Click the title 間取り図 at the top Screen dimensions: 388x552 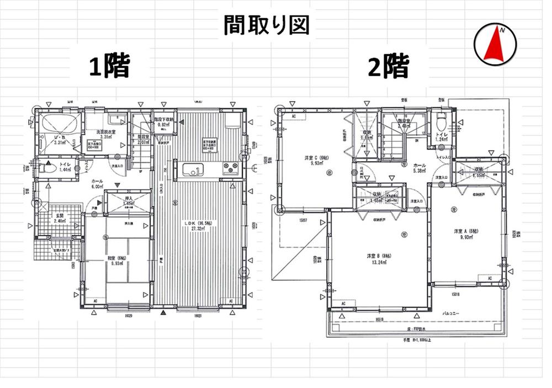click(x=266, y=25)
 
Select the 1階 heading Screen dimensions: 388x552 click(x=110, y=67)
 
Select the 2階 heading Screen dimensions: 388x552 click(x=390, y=67)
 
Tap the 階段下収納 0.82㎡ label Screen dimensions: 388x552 click(x=164, y=122)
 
